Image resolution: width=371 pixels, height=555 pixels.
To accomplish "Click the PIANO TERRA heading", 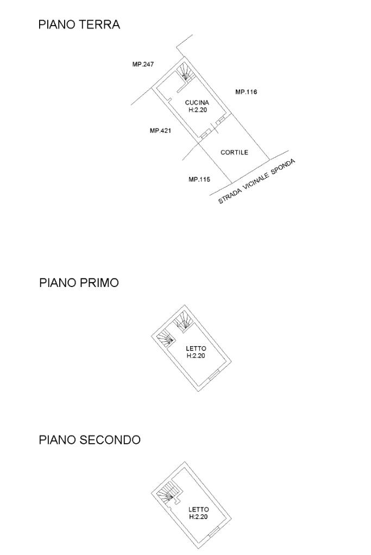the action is point(79,25).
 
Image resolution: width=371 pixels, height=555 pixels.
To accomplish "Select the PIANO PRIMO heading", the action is point(79,283).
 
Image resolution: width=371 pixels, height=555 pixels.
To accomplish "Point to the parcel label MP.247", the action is point(143,64).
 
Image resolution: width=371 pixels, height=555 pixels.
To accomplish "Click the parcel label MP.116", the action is point(246,92).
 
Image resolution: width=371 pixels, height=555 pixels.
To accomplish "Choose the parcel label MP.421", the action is point(160,131).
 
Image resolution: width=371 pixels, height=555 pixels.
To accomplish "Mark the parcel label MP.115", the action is point(199,180).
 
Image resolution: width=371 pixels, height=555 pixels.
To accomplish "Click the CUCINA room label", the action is point(197,102).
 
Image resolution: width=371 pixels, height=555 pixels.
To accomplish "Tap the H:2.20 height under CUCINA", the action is point(197,110).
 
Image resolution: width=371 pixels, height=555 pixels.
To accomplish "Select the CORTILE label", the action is point(234,152).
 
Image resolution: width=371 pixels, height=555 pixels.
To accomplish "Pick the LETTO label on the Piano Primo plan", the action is point(196,349).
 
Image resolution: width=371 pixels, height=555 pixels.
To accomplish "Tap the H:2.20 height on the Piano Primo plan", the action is point(196,356).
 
